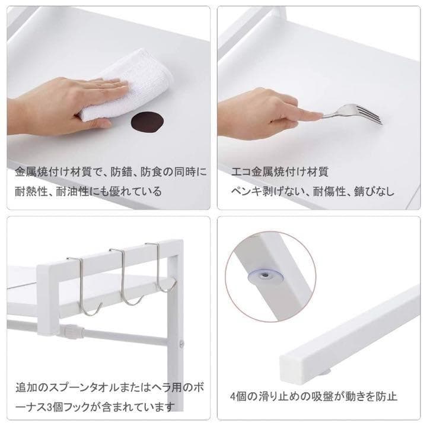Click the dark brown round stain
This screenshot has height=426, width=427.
pyautogui.click(x=148, y=122)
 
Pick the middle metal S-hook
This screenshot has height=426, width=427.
pyautogui.click(x=124, y=275)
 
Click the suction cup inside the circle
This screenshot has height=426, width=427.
pyautogui.click(x=265, y=276)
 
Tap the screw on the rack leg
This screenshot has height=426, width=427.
pyautogui.click(x=181, y=344)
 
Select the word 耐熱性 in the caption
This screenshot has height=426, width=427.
pyautogui.click(x=31, y=192)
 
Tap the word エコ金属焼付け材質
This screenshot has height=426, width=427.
pyautogui.click(x=280, y=172)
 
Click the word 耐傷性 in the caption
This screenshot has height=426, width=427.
pyautogui.click(x=329, y=192)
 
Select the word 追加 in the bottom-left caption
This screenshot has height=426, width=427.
pyautogui.click(x=26, y=387)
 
